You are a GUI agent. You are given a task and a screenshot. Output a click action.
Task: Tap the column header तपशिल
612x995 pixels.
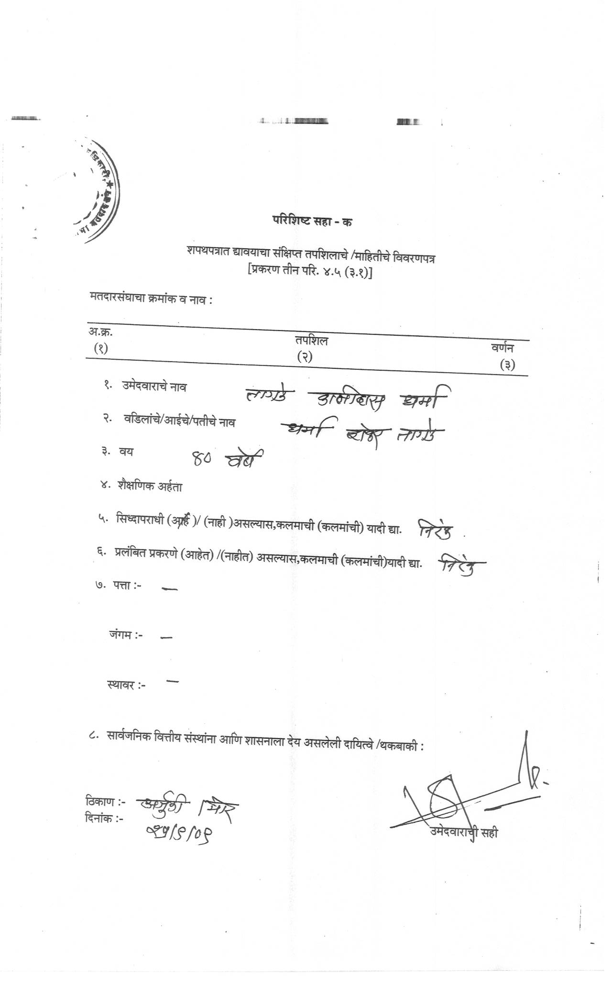(x=311, y=341)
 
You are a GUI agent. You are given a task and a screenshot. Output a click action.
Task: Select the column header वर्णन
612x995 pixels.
(x=503, y=349)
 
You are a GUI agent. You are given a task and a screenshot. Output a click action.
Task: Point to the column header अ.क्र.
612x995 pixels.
(x=100, y=332)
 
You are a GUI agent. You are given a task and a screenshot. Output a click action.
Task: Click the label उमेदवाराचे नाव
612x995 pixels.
(x=154, y=387)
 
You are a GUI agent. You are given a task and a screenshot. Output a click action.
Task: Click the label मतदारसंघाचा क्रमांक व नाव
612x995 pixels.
(x=151, y=299)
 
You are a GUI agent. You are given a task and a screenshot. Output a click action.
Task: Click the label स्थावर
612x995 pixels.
(x=126, y=685)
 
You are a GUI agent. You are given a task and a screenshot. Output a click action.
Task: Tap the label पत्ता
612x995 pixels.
(x=127, y=585)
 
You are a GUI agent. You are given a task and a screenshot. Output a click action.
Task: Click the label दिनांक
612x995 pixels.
(x=104, y=818)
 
